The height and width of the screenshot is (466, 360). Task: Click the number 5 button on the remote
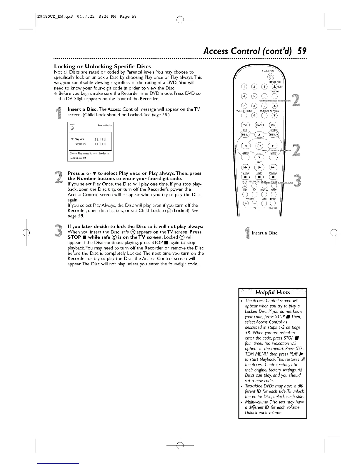coord(254,96)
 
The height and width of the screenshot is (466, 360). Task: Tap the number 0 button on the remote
coord(254,115)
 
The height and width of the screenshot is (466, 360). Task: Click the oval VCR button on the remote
coord(245,125)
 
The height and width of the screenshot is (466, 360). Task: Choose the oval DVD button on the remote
coord(273,125)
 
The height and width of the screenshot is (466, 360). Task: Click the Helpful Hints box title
coord(273,292)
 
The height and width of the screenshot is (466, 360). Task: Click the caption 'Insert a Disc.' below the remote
coord(265,233)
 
